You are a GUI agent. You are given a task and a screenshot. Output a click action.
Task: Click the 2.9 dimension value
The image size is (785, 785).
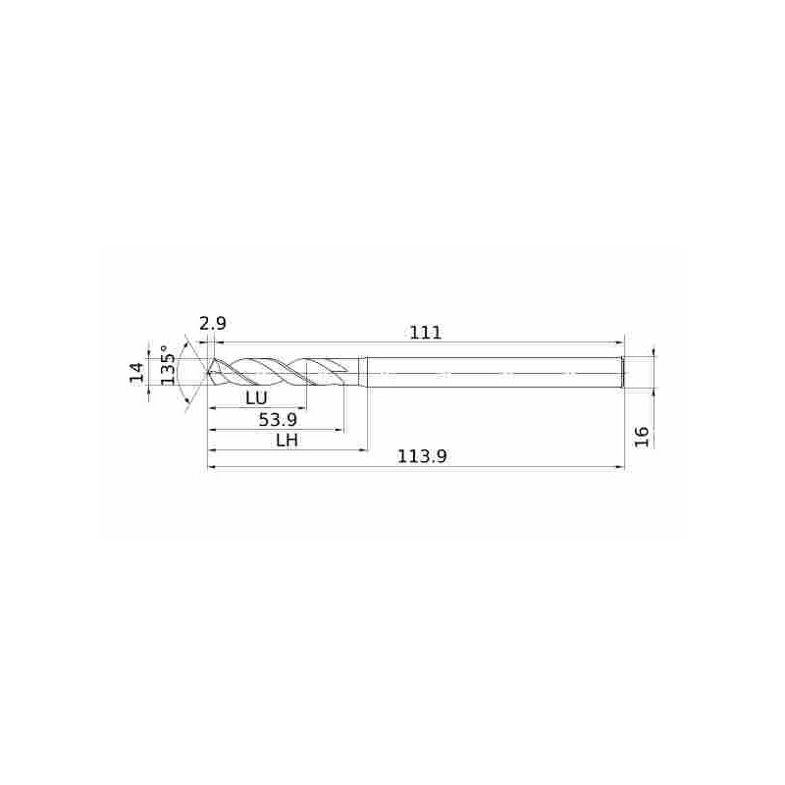tap(213, 324)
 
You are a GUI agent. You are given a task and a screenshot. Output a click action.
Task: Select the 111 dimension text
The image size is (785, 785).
tap(426, 333)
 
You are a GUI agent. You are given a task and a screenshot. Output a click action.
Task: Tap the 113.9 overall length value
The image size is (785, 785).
tap(422, 456)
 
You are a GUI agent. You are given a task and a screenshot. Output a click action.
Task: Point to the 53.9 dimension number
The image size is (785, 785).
tap(278, 420)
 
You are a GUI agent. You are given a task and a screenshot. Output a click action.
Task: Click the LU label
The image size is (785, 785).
tap(256, 398)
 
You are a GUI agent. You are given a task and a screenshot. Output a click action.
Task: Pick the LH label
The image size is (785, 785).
tap(287, 441)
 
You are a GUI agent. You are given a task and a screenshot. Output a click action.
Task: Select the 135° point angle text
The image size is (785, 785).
tap(168, 365)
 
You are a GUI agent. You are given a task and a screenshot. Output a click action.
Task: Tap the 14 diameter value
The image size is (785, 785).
tap(136, 373)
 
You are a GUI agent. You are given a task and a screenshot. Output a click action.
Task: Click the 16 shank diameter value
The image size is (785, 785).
tap(642, 437)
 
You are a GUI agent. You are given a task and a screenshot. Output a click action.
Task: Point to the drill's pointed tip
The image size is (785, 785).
tap(207, 372)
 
